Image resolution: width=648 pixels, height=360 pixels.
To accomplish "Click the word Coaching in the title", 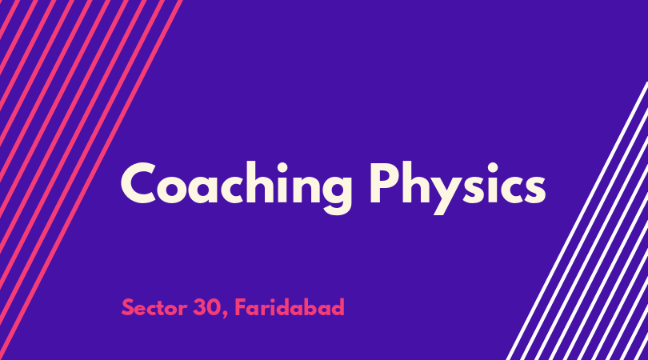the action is coord(236,188).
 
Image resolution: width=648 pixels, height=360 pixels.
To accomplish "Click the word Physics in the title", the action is coord(458,188).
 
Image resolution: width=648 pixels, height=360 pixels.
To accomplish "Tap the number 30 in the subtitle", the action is coord(207,307).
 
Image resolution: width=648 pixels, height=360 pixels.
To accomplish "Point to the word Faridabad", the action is coord(290,307).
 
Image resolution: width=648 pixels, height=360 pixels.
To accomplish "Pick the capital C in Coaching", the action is coord(138,182).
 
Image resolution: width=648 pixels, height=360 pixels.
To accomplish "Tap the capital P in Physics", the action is coord(384,182).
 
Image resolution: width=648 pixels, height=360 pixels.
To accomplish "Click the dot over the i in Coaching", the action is coord(282,168).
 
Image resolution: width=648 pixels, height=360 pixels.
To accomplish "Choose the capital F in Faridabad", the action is coord(241,307).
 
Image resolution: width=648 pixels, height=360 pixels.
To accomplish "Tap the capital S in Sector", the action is coord(127,307).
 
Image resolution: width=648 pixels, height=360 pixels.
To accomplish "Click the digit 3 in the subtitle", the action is coord(200,307).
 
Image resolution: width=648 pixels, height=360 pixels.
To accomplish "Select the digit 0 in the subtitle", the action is coord(214,307).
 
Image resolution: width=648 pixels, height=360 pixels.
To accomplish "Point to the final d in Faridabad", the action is coord(338,307).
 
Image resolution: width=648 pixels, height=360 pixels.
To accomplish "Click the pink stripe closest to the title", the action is coord(91,180).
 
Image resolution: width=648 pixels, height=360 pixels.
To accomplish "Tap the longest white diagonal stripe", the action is coord(578,221).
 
